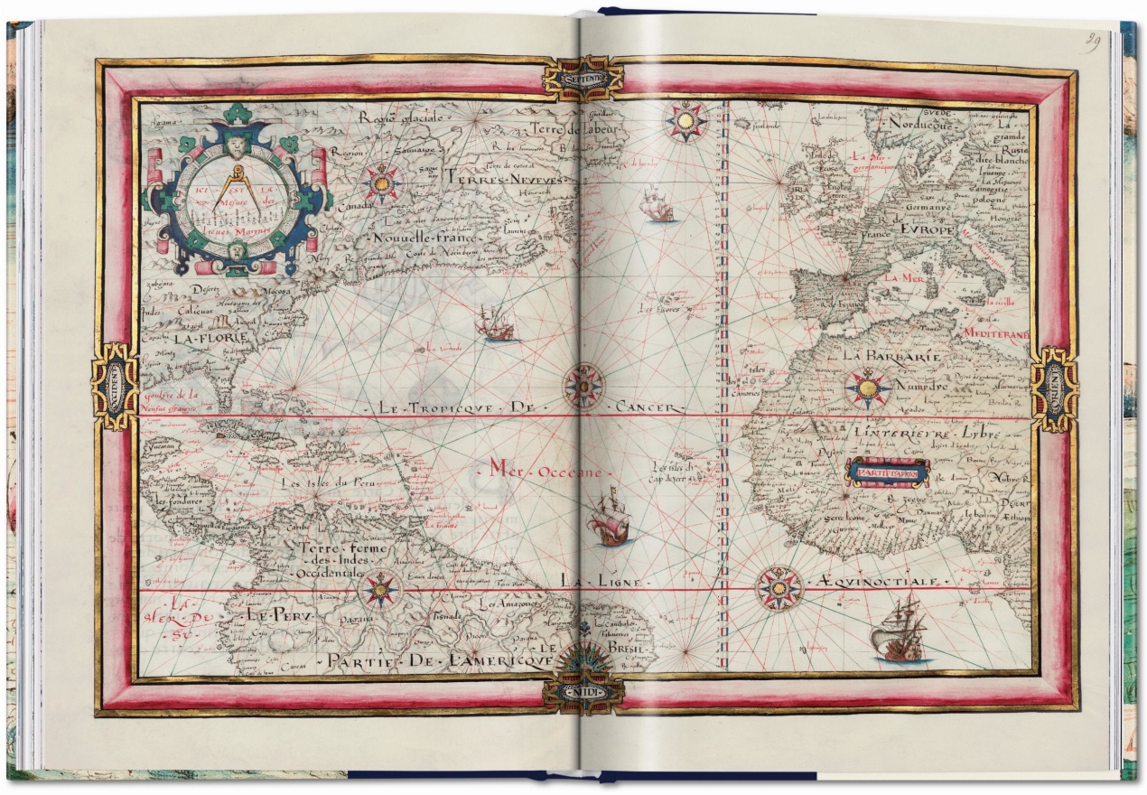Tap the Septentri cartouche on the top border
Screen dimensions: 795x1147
coord(583,79)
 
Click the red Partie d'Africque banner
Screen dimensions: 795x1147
coord(886,472)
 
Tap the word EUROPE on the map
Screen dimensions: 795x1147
coord(947,231)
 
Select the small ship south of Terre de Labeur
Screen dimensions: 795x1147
coord(657,206)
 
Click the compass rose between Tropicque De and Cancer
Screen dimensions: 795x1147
coord(583,386)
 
